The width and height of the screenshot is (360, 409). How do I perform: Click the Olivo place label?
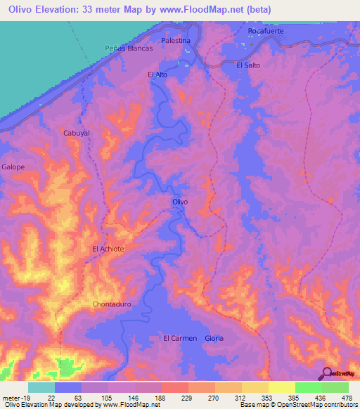[x=180, y=202]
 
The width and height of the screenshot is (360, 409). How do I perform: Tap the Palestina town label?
[x=175, y=41]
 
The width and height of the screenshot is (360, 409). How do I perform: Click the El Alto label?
[x=157, y=74]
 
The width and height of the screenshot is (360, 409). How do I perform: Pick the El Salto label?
[x=248, y=65]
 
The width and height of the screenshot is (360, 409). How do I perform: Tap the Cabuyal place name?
[x=77, y=134]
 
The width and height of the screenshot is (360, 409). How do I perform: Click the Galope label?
[x=13, y=167]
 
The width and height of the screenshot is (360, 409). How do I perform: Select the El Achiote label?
[x=108, y=249]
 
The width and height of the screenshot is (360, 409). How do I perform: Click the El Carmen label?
[x=179, y=338]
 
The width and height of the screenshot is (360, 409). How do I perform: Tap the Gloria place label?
[x=214, y=338]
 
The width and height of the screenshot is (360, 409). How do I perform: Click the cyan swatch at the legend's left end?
[x=41, y=387]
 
